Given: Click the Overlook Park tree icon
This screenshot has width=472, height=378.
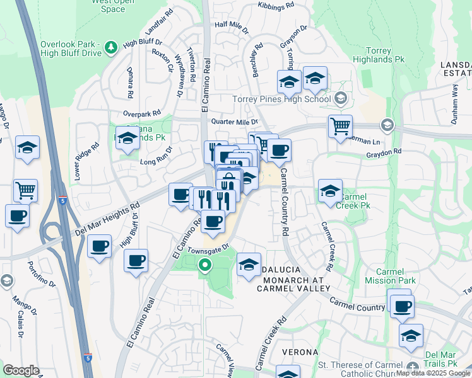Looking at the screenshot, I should pyautogui.click(x=111, y=47).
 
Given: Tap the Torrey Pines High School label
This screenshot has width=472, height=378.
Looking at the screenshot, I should pyautogui.click(x=281, y=99).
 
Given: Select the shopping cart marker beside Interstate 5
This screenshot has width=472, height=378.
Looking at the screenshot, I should pyautogui.click(x=25, y=189).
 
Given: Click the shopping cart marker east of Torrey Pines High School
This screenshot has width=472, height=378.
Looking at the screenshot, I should pyautogui.click(x=340, y=126).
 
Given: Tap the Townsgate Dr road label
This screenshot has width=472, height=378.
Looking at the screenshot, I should pyautogui.click(x=209, y=251).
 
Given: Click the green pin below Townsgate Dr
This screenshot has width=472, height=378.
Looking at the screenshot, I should pyautogui.click(x=204, y=266).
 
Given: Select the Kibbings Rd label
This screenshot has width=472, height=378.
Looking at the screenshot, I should pyautogui.click(x=276, y=5).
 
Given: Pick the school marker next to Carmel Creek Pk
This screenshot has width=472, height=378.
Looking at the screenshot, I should pyautogui.click(x=330, y=190).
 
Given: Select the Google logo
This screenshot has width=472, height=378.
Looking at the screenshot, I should pyautogui.click(x=21, y=370).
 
